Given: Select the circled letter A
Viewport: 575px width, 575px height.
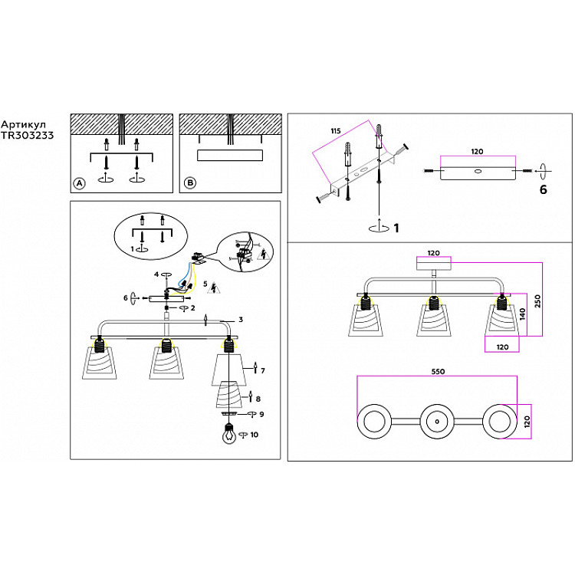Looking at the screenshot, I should tap(78, 183).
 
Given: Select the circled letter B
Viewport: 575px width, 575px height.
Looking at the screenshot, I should tap(190, 183).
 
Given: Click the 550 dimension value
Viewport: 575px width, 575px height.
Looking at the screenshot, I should tap(438, 370).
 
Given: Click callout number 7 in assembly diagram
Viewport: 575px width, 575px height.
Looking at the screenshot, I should tap(262, 370).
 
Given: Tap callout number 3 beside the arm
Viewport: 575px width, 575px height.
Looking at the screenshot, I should tap(240, 320).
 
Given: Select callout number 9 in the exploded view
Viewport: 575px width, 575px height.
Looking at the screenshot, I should tap(261, 414).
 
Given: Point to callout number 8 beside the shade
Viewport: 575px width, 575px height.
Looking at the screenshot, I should tap(258, 399).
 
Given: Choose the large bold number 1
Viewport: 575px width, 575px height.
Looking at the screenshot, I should tap(396, 228).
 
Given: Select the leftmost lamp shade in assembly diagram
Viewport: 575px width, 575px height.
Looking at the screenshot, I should tap(100, 363).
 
